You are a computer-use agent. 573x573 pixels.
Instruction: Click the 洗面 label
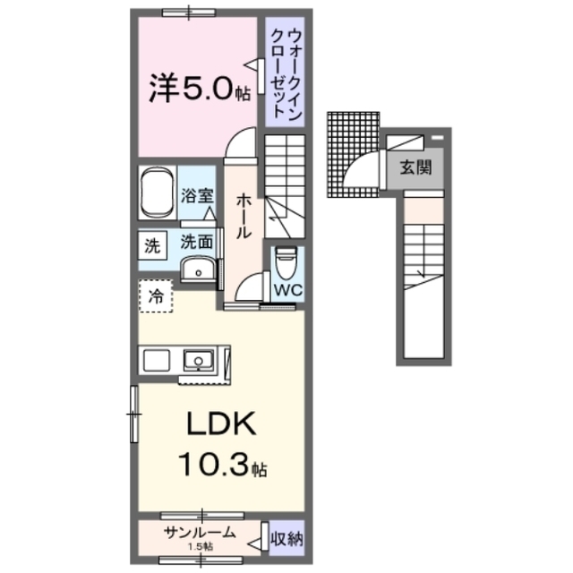click(196, 241)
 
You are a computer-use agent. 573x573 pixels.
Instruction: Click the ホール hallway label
click(242, 218)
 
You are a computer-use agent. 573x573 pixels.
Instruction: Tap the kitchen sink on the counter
click(197, 361)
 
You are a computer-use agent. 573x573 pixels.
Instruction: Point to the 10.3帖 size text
click(220, 467)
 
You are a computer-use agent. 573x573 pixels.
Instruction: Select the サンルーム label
click(200, 532)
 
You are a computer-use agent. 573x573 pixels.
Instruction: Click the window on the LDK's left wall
click(134, 414)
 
